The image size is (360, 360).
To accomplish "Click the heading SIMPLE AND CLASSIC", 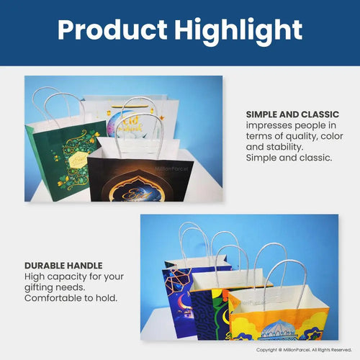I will click(292, 114).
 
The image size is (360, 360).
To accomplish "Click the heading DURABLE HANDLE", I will click(63, 266).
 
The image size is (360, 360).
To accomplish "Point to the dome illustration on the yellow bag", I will click(277, 328).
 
